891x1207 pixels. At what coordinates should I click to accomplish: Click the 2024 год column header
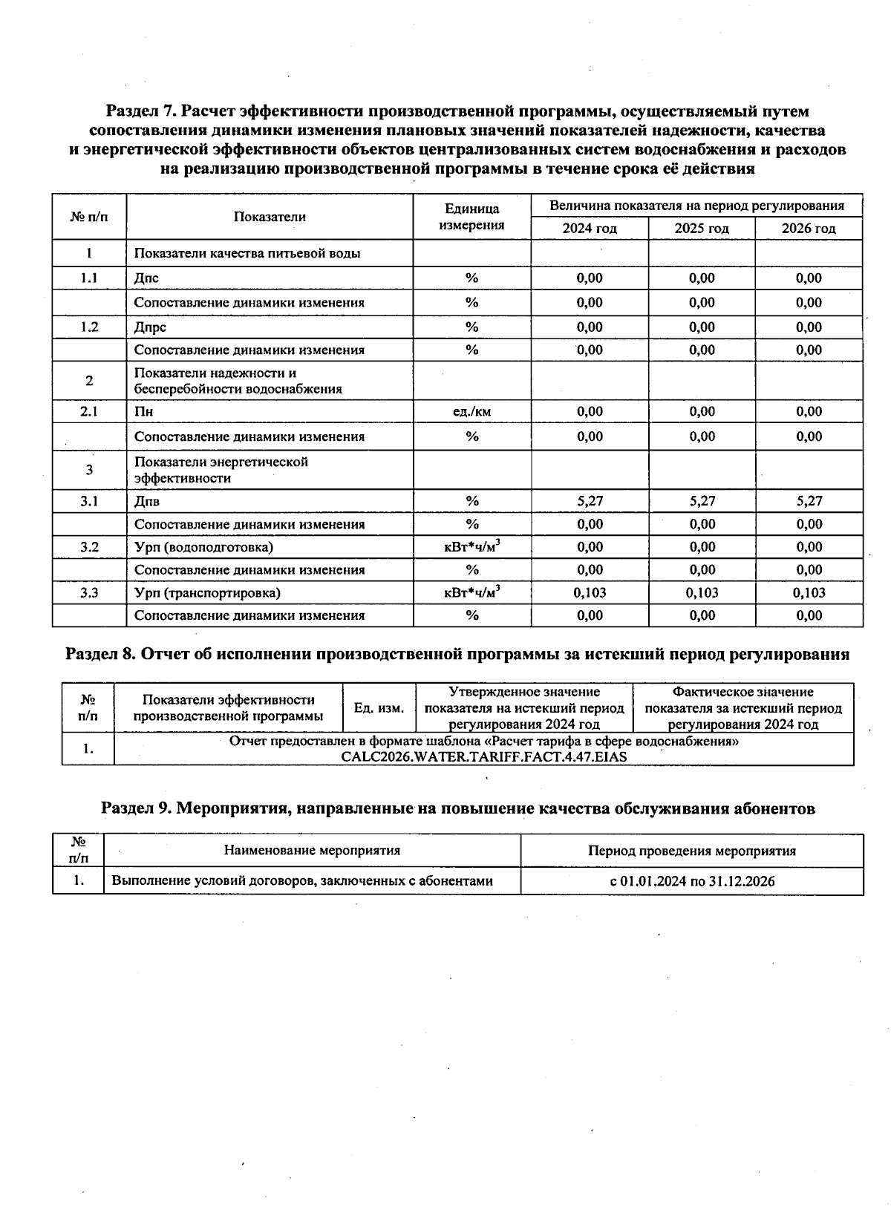[x=589, y=229]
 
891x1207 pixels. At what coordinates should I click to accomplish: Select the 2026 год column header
[x=808, y=229]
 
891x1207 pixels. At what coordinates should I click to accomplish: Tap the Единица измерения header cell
[x=471, y=217]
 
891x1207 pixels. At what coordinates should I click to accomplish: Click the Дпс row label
[x=146, y=278]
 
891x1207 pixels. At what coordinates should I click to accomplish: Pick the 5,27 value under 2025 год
[x=702, y=501]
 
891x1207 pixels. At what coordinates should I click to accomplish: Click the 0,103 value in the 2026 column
[x=809, y=592]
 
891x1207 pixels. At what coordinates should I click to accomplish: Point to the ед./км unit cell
[x=471, y=411]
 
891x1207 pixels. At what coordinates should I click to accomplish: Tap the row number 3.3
[x=89, y=592]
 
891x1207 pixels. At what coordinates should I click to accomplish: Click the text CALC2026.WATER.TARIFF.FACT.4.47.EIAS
[x=483, y=757]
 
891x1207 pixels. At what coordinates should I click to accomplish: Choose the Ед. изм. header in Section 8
[x=379, y=708]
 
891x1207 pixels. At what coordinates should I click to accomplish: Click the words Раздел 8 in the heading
[x=99, y=655]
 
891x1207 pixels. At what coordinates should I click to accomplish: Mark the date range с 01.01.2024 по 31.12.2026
[x=692, y=881]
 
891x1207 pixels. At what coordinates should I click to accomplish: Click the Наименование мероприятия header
[x=312, y=851]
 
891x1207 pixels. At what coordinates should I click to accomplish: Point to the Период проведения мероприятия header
[x=692, y=851]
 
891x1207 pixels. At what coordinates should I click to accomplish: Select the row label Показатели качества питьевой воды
[x=247, y=253]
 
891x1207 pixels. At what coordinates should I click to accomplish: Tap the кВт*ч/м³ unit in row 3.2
[x=471, y=547]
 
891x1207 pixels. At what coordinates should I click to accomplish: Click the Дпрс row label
[x=150, y=327]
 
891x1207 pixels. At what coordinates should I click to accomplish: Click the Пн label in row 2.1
[x=143, y=411]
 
